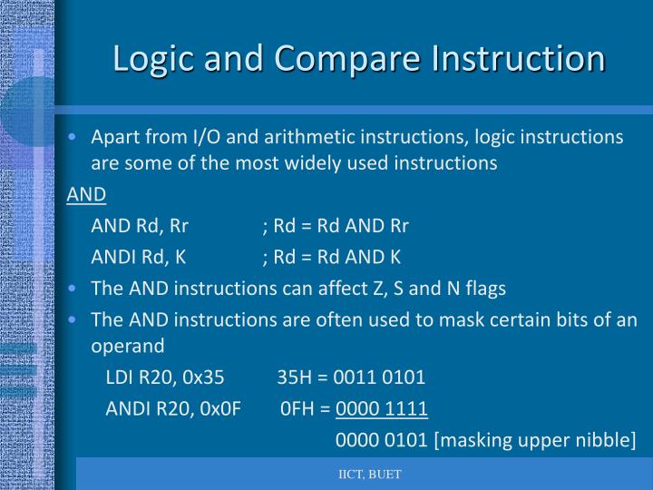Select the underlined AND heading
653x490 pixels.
[86, 194]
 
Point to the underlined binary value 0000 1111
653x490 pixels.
[381, 408]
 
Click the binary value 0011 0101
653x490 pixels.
[379, 377]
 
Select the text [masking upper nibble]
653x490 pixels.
[536, 440]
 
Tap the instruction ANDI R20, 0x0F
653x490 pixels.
[173, 408]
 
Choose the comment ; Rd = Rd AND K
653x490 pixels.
[331, 256]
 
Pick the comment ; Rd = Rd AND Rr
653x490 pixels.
[336, 225]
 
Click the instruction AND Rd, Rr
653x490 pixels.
[140, 225]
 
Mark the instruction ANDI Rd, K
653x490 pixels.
[139, 256]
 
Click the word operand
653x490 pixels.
[128, 347]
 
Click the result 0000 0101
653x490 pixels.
[381, 440]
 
